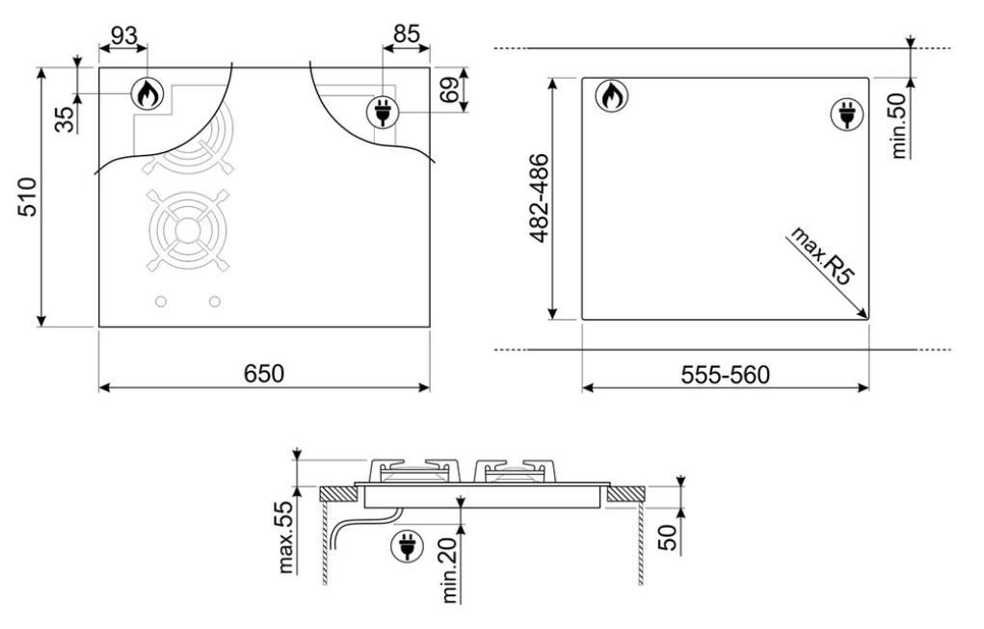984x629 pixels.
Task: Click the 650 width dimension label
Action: click(263, 374)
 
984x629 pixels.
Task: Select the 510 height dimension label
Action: click(28, 197)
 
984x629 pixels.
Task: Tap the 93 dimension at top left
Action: click(123, 36)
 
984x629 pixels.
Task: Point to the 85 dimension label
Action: click(406, 34)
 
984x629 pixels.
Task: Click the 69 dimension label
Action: click(450, 91)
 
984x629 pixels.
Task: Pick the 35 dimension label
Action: click(65, 119)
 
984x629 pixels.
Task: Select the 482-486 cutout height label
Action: click(539, 197)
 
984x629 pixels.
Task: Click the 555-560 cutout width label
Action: click(725, 375)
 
